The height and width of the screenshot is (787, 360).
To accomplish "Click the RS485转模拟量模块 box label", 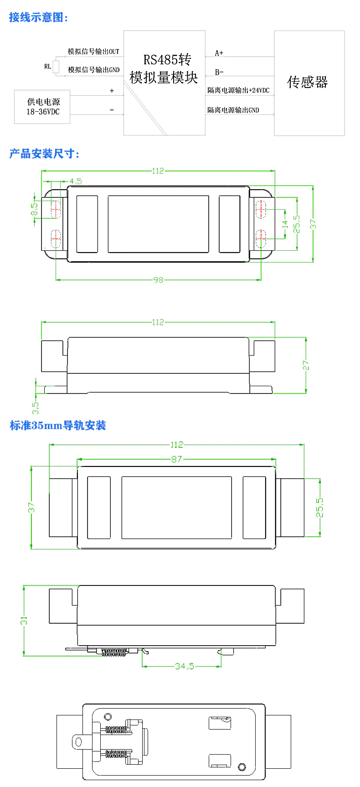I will tap(164, 68).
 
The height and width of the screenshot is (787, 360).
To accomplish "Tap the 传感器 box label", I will tap(308, 82).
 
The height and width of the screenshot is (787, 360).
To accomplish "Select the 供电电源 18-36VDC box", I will tap(42, 107).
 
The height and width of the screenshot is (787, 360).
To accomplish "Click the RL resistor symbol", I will tap(56, 67).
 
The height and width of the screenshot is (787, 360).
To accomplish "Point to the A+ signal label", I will tap(219, 53).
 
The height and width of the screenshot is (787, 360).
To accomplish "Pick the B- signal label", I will tap(219, 72).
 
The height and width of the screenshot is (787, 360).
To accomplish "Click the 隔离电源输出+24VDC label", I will tap(238, 90).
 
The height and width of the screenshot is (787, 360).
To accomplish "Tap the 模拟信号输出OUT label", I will tap(93, 52).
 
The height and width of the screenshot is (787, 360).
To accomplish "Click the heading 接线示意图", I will tap(39, 18).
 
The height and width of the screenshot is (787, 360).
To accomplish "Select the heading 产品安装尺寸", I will tap(44, 154).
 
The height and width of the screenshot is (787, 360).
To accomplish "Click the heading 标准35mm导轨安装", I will tap(58, 425).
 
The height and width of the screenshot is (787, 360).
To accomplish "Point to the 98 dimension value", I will tap(158, 280).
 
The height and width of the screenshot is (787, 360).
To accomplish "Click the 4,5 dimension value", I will tap(76, 181).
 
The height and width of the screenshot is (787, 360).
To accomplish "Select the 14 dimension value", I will tap(285, 224).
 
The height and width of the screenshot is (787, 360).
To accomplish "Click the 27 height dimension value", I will tap(306, 365).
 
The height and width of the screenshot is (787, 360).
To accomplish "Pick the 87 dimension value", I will tap(177, 459).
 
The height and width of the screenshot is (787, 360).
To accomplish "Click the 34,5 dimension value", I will tap(184, 666).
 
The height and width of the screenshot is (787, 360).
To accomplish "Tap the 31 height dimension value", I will tap(24, 621).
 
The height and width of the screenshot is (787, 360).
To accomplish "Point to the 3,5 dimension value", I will tap(36, 405).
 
